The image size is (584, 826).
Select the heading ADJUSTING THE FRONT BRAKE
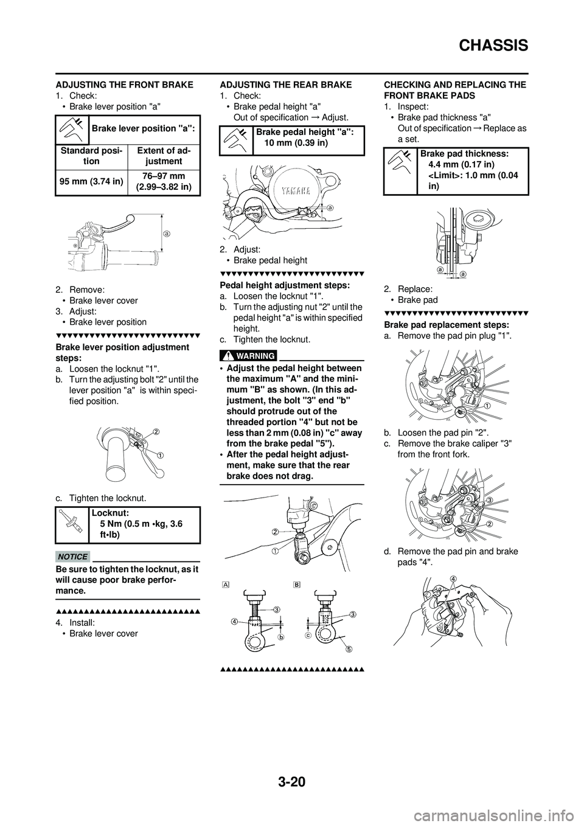click(x=124, y=85)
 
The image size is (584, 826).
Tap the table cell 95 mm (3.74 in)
click(x=92, y=181)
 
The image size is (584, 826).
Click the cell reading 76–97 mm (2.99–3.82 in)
click(x=164, y=181)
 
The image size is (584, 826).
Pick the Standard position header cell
click(x=92, y=156)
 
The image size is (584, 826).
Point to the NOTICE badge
click(x=72, y=556)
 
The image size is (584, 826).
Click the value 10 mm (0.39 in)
click(x=296, y=142)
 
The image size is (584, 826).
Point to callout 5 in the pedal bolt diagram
click(x=349, y=648)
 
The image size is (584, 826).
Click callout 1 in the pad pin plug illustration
click(x=487, y=404)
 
